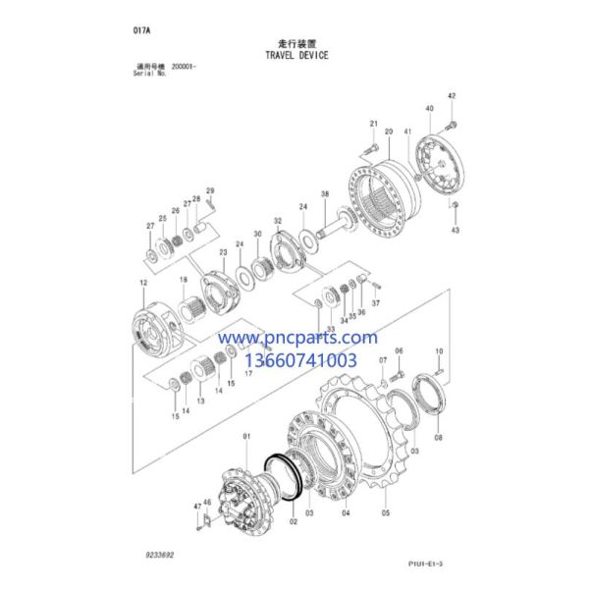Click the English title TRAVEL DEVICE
(x=295, y=55)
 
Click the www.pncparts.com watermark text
(x=296, y=338)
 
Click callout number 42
(x=452, y=96)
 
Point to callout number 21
(x=374, y=123)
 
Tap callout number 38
(x=324, y=193)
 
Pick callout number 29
(x=209, y=190)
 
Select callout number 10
(x=438, y=350)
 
